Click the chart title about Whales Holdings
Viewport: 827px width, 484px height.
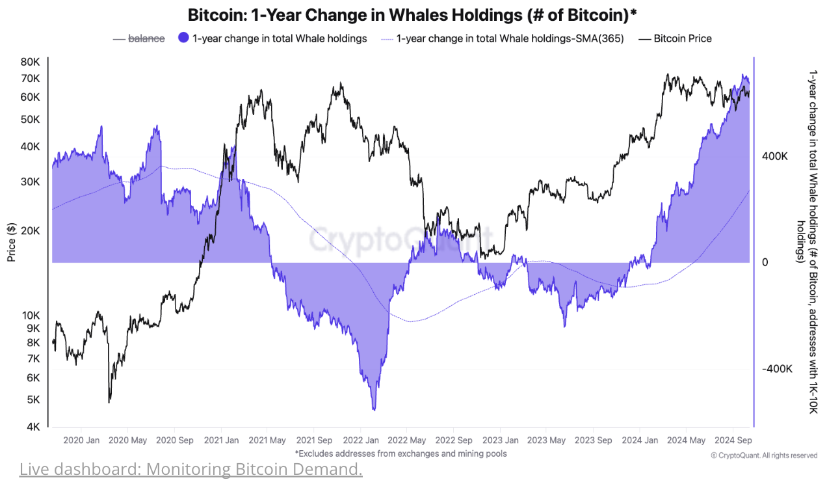[412, 14]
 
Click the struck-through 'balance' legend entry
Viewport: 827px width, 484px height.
[146, 38]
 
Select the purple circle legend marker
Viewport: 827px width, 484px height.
[183, 38]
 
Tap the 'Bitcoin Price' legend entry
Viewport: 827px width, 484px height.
[682, 38]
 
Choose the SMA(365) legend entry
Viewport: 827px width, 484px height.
[510, 38]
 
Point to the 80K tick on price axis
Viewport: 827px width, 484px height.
[31, 62]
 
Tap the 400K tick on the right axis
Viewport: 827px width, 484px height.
[774, 157]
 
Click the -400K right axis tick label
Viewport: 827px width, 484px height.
[776, 369]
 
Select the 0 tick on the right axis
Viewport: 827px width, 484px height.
[765, 262]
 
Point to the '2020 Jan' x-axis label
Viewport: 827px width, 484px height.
[81, 440]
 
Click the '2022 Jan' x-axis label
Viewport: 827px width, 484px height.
[361, 440]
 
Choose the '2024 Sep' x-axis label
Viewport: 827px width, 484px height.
[733, 440]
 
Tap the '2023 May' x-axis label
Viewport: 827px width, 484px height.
[547, 440]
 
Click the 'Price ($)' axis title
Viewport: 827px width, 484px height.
[12, 241]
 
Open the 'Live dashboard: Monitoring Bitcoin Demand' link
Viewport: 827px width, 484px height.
[190, 468]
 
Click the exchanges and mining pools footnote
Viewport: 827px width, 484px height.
[400, 453]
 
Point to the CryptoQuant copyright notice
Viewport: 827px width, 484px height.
[764, 455]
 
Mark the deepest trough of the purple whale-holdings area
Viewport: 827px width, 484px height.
[374, 410]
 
